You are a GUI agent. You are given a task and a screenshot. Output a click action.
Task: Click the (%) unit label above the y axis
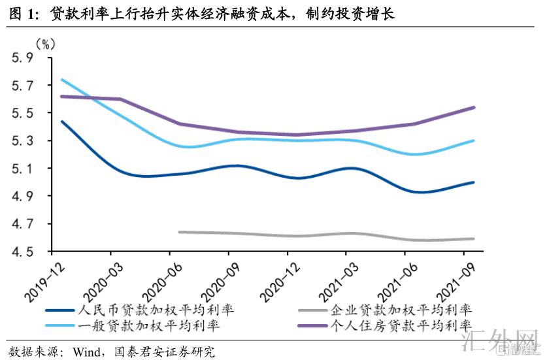point(45,44)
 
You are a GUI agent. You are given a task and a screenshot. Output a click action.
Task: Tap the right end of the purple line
point(474,107)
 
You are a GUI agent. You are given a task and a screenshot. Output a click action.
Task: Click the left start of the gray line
point(179,231)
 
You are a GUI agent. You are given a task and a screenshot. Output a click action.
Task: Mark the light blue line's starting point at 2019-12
point(61,80)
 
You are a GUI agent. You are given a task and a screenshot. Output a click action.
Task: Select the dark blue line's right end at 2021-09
point(474,182)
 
